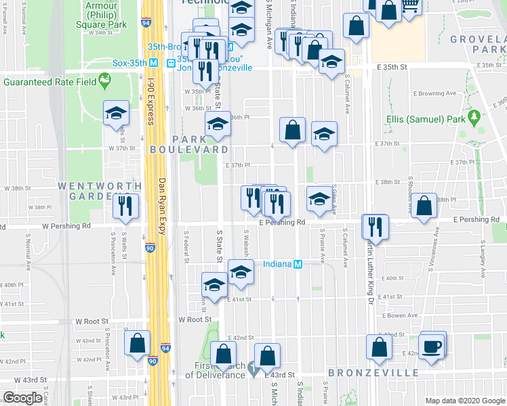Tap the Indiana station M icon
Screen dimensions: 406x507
297,265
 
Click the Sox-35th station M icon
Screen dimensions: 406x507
154,63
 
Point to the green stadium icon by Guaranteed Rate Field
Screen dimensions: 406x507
104,82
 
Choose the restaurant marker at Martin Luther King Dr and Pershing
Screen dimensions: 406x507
376,227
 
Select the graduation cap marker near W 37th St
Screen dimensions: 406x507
117,113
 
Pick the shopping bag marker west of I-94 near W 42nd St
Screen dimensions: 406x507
138,342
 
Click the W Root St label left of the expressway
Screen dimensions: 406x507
195,319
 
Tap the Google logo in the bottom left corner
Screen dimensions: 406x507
22,398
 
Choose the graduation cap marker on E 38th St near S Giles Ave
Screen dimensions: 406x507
319,198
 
